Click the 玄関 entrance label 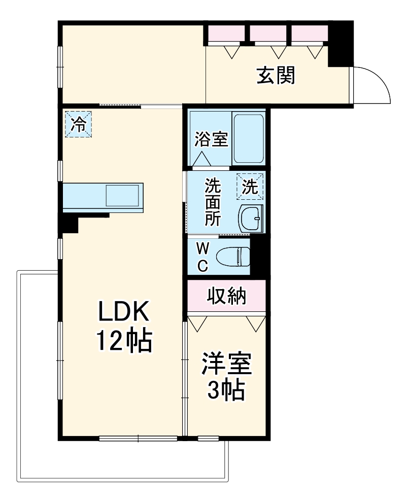point(276,76)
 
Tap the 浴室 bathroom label point(211,139)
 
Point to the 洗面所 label point(213,202)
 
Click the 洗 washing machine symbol point(250,187)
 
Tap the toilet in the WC point(233,257)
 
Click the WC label point(202,257)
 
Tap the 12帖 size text point(124,341)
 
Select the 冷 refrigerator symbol point(79,124)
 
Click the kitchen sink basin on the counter point(122,195)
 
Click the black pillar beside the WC point(259,256)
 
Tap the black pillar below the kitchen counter point(69,223)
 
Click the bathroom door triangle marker point(201,159)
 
